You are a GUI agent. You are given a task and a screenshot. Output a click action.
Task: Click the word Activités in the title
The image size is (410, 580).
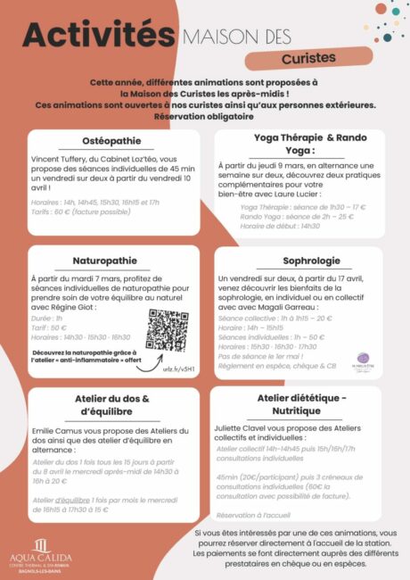[97, 36]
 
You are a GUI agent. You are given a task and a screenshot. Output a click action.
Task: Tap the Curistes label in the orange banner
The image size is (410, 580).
[307, 57]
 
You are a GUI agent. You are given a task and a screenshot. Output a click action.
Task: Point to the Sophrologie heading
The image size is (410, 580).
[298, 261]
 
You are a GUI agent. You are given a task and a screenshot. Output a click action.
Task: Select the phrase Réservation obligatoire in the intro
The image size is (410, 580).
[203, 116]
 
